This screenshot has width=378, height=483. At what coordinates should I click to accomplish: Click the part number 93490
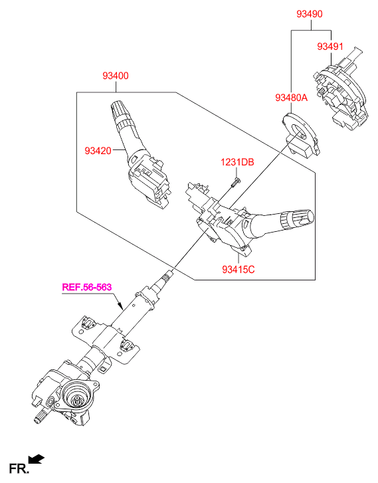[310, 14]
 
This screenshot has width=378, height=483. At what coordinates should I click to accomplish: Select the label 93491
[330, 47]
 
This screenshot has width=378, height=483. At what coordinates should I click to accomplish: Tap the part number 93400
[116, 76]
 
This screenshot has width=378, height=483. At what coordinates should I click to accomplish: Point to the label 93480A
[291, 98]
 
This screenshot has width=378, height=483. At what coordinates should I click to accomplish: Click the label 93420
[98, 151]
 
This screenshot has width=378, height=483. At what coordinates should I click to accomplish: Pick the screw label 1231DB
[237, 162]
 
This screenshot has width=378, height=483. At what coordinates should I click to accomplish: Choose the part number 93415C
[238, 270]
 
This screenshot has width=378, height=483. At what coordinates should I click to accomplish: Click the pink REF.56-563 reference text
[87, 287]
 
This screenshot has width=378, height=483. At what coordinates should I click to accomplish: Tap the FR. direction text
[19, 468]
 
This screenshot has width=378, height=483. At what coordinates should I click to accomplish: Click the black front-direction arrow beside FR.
[37, 459]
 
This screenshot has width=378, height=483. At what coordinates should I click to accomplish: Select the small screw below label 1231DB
[235, 182]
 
